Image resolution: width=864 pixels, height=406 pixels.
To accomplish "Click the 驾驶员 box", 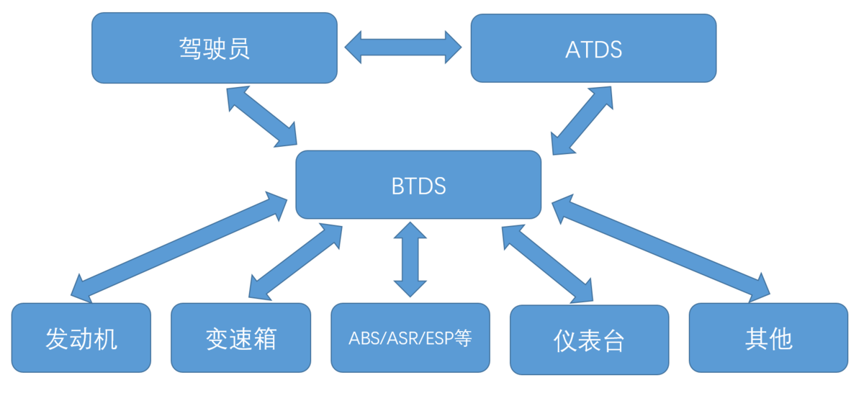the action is [215, 48].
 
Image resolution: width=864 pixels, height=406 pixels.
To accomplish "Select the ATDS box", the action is [593, 48].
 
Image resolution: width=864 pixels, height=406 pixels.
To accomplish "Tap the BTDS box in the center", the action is [418, 185].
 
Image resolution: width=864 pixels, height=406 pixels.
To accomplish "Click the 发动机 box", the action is [81, 338].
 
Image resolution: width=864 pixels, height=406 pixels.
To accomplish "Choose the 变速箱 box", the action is [241, 338].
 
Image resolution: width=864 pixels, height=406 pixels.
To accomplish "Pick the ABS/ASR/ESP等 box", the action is [410, 338].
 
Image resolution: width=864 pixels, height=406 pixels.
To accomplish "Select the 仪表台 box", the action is [590, 340].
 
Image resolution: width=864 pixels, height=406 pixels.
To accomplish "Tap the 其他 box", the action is [769, 338].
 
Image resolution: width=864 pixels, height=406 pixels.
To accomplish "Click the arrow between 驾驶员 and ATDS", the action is [403, 48].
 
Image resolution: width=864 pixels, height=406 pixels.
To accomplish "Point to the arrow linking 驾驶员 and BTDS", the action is [262, 117].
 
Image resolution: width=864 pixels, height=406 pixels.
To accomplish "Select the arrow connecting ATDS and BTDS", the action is [582, 120].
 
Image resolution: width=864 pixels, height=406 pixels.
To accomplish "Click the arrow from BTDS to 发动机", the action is [179, 247].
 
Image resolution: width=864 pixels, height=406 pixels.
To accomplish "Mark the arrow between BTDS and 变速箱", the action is [295, 262].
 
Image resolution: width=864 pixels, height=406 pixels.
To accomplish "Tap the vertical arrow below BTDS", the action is [410, 259].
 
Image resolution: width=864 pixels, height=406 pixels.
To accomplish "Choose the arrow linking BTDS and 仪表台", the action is [547, 264].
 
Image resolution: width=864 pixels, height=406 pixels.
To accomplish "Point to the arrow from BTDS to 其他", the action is [661, 248].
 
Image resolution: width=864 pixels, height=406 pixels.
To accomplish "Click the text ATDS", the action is [593, 50].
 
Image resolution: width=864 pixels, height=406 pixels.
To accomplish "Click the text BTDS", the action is [418, 186].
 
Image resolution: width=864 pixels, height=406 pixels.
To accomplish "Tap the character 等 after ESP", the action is [463, 338].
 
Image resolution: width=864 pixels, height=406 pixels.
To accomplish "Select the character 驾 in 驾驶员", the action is [190, 48].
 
